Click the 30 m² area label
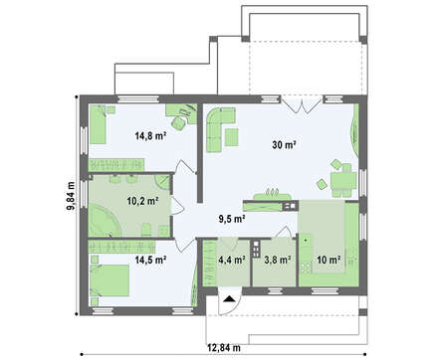284,145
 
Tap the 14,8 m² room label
150,135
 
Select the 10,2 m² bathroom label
142,201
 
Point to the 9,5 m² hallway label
232,219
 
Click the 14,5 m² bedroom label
150,260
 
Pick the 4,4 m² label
232,260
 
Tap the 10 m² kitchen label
328,260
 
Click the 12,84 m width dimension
224,348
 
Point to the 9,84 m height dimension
71,196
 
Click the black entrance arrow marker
229,299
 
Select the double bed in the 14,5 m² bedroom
109,280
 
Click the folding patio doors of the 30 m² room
302,104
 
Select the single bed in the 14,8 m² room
99,124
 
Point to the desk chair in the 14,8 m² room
178,123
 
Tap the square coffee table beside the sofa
232,137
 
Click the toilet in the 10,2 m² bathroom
146,230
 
